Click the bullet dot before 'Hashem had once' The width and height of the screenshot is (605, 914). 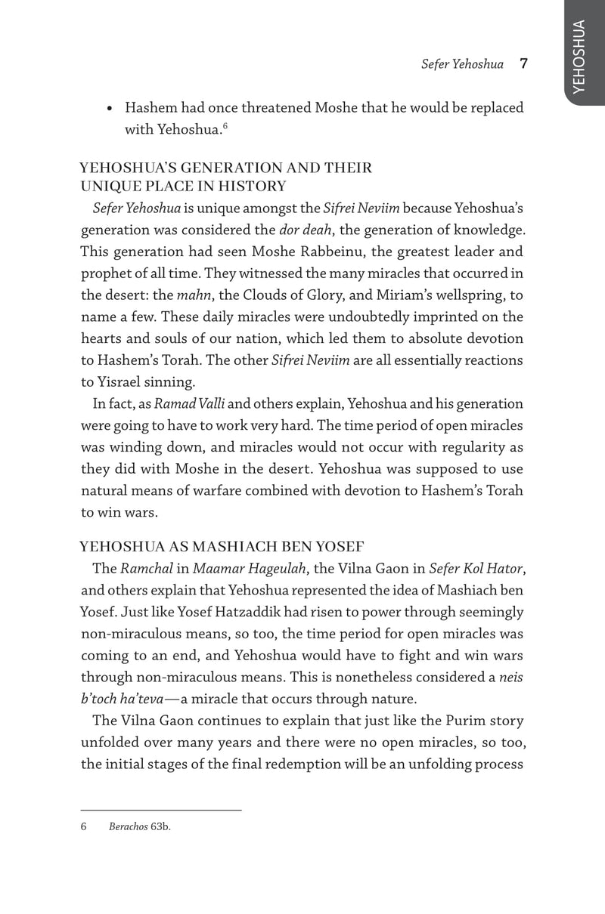tap(110, 109)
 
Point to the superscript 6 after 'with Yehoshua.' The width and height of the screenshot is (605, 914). tap(225, 125)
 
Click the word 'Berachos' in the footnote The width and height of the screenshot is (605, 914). tap(128, 826)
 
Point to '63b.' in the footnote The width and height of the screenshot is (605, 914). tap(160, 826)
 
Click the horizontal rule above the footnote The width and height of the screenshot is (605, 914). tap(161, 810)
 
